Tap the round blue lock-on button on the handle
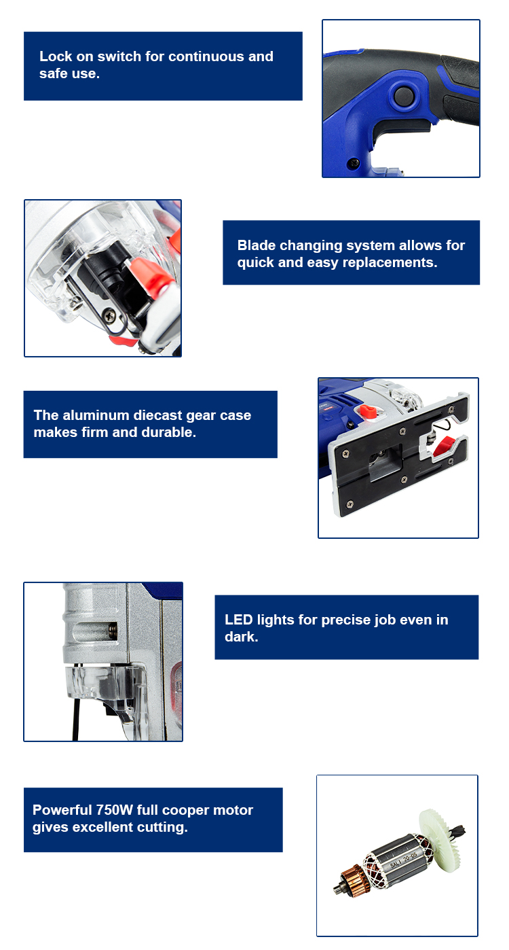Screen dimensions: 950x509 coord(403,95)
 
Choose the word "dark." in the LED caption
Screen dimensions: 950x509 coord(242,637)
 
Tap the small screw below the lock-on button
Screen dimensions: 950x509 coord(353,162)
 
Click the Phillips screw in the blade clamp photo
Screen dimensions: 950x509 coord(109,314)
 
